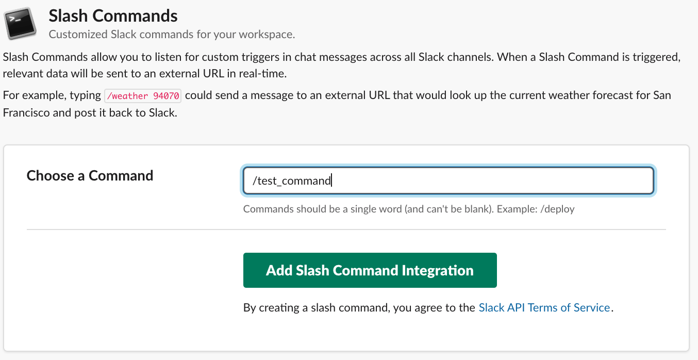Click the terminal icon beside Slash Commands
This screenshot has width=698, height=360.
click(20, 23)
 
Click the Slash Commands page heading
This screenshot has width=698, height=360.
click(113, 15)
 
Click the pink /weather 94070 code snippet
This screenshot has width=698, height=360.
click(143, 95)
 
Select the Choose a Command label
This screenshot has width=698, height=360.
click(90, 175)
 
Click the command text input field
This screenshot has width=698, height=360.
click(448, 181)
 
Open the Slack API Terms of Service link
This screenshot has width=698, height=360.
click(544, 307)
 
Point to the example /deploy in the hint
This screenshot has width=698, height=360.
click(557, 209)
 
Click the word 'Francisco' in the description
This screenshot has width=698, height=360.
click(26, 112)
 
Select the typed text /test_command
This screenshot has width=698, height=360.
click(292, 181)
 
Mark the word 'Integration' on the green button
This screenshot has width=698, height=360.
click(438, 271)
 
